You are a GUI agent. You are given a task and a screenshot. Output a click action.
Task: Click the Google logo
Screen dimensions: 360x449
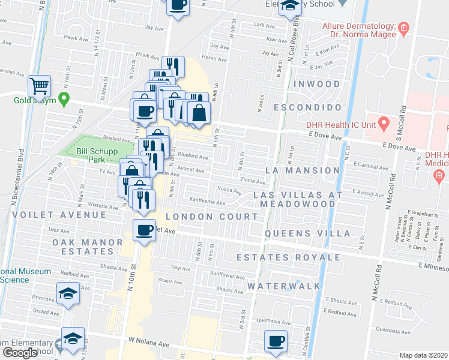20,353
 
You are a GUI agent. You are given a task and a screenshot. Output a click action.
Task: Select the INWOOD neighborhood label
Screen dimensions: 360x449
316,84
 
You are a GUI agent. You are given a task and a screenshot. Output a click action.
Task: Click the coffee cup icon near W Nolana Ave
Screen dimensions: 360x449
276,342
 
